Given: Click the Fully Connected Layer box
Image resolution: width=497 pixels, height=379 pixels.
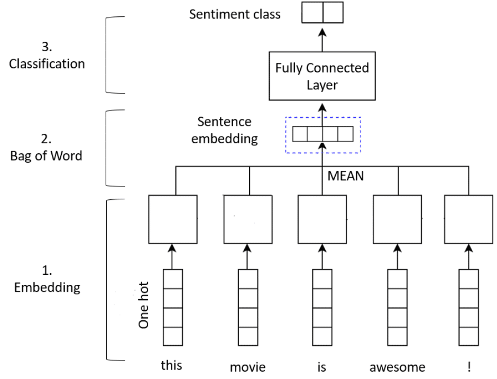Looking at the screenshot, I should pos(322,76).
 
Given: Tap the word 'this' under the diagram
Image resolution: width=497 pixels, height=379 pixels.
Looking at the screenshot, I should pos(172,365).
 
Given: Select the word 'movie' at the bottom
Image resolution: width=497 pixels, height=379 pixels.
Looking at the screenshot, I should pos(247,366).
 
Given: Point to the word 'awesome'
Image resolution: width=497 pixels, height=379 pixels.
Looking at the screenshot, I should pos(397,366).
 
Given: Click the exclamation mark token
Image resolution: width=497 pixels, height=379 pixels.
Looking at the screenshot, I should pos(468,366).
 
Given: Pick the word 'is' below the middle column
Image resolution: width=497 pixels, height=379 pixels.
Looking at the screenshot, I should pos(321,366).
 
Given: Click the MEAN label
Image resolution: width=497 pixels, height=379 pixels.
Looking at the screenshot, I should pos(346,175).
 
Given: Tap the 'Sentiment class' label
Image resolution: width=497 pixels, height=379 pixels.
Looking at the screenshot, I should pos(235,14).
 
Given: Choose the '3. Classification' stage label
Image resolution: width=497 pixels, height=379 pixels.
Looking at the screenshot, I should pos(47,56).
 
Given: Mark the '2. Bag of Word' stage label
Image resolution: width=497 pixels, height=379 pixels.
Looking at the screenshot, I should pos(46,148).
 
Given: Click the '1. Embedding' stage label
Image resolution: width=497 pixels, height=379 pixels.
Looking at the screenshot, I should pos(47,279).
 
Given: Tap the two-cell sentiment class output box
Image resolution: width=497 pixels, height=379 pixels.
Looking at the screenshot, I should pos(322,12).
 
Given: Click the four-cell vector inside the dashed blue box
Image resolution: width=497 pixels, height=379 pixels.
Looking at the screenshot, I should pos(323,134).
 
